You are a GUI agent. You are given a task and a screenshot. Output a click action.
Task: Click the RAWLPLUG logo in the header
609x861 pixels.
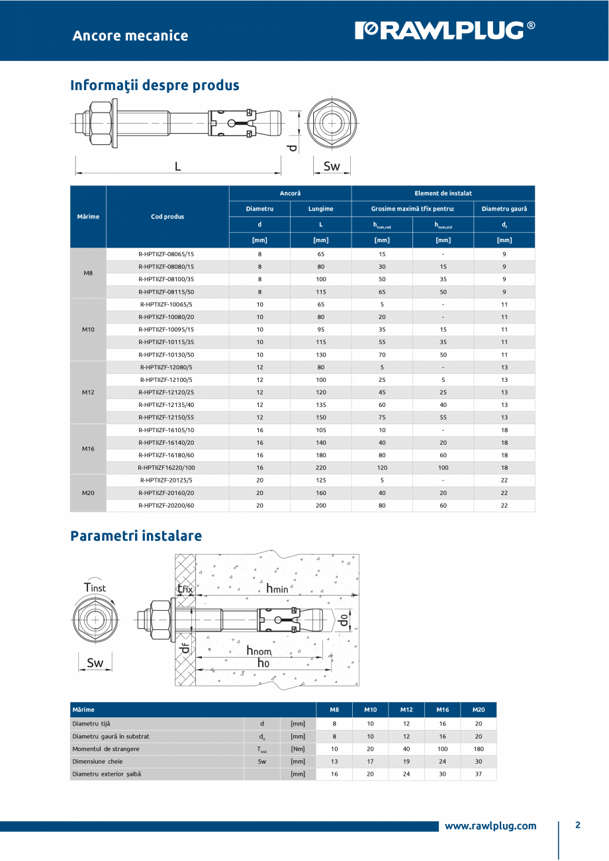445,30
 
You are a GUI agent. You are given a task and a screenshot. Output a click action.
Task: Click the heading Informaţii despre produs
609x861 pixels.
155,85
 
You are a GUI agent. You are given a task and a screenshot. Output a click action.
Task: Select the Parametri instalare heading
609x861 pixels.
136,535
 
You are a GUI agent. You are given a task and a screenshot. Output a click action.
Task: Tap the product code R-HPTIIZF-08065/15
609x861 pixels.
167,254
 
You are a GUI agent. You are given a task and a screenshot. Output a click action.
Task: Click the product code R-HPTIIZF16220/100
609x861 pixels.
167,467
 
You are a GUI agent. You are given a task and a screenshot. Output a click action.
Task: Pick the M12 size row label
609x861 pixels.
88,392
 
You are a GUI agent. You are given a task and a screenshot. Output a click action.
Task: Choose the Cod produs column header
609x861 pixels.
167,216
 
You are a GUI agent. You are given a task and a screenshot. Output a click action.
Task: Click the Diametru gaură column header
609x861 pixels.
504,209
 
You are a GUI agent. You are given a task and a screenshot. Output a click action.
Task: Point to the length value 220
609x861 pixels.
320,467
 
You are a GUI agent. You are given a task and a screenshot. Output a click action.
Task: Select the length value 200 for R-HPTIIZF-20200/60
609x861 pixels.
320,505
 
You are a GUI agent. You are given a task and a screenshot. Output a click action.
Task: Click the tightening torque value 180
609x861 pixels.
479,748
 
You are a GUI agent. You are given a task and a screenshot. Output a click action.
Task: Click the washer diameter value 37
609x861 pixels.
479,774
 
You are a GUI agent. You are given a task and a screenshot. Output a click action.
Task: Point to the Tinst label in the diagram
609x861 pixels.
95,587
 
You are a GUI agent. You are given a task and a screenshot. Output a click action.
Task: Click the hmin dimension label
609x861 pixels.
277,588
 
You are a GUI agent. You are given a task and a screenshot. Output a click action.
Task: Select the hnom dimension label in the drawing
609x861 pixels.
259,651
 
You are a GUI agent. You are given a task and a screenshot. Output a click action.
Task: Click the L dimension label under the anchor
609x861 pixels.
177,167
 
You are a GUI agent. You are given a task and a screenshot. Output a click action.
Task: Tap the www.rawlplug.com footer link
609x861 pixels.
490,826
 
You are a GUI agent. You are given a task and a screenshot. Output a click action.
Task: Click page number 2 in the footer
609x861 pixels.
577,825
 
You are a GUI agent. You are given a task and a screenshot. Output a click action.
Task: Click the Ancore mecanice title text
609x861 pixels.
130,36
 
